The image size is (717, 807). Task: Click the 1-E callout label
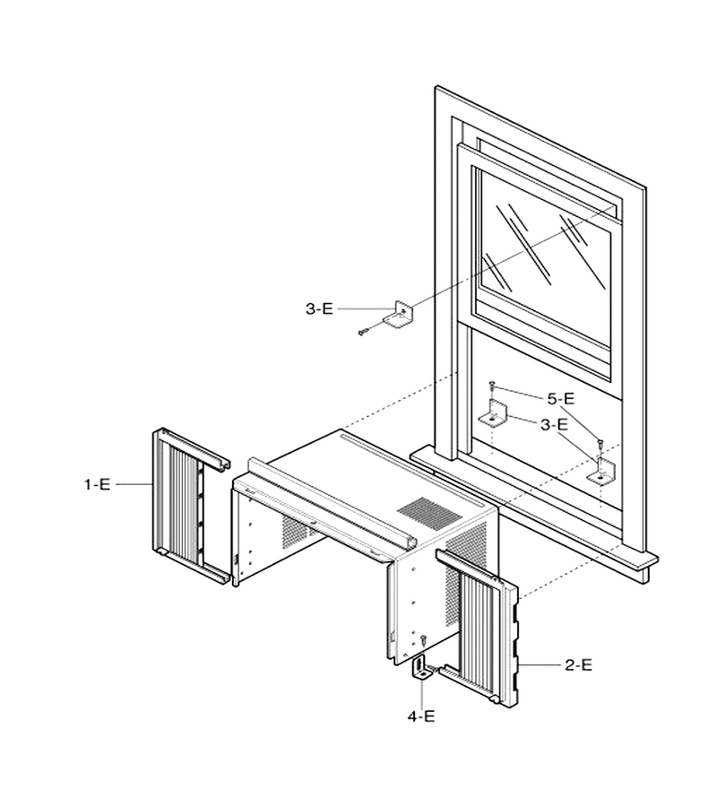click(97, 484)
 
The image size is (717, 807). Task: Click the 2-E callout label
click(578, 665)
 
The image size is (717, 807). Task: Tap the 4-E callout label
click(421, 716)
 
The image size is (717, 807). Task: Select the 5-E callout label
click(561, 398)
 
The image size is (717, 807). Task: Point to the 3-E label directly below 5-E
click(554, 425)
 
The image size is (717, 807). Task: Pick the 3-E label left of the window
click(319, 308)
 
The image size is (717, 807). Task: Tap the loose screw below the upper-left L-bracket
click(362, 333)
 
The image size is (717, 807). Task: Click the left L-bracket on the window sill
click(495, 413)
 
